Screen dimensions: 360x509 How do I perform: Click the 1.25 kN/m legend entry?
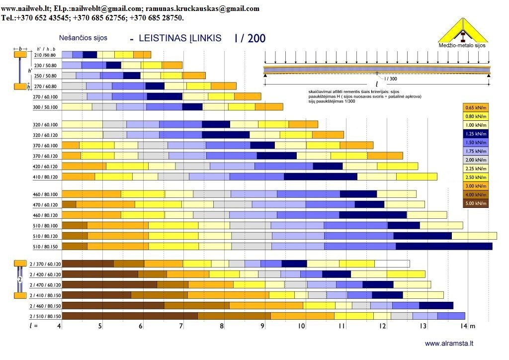[476, 133]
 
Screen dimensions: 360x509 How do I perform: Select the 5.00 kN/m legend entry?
[476, 203]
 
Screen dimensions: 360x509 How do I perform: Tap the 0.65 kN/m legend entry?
[476, 107]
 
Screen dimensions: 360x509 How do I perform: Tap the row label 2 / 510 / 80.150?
[45, 316]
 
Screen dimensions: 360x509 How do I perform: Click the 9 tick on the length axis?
[262, 326]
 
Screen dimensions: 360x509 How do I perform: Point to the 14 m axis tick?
[466, 326]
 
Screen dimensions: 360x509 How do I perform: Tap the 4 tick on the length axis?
[60, 326]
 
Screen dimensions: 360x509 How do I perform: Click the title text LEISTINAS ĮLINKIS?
[180, 38]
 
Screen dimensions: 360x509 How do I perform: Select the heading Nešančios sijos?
[83, 38]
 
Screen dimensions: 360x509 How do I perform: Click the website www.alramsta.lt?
[449, 343]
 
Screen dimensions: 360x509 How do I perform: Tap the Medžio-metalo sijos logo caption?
[462, 45]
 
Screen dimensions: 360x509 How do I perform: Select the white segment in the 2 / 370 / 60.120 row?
[392, 264]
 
